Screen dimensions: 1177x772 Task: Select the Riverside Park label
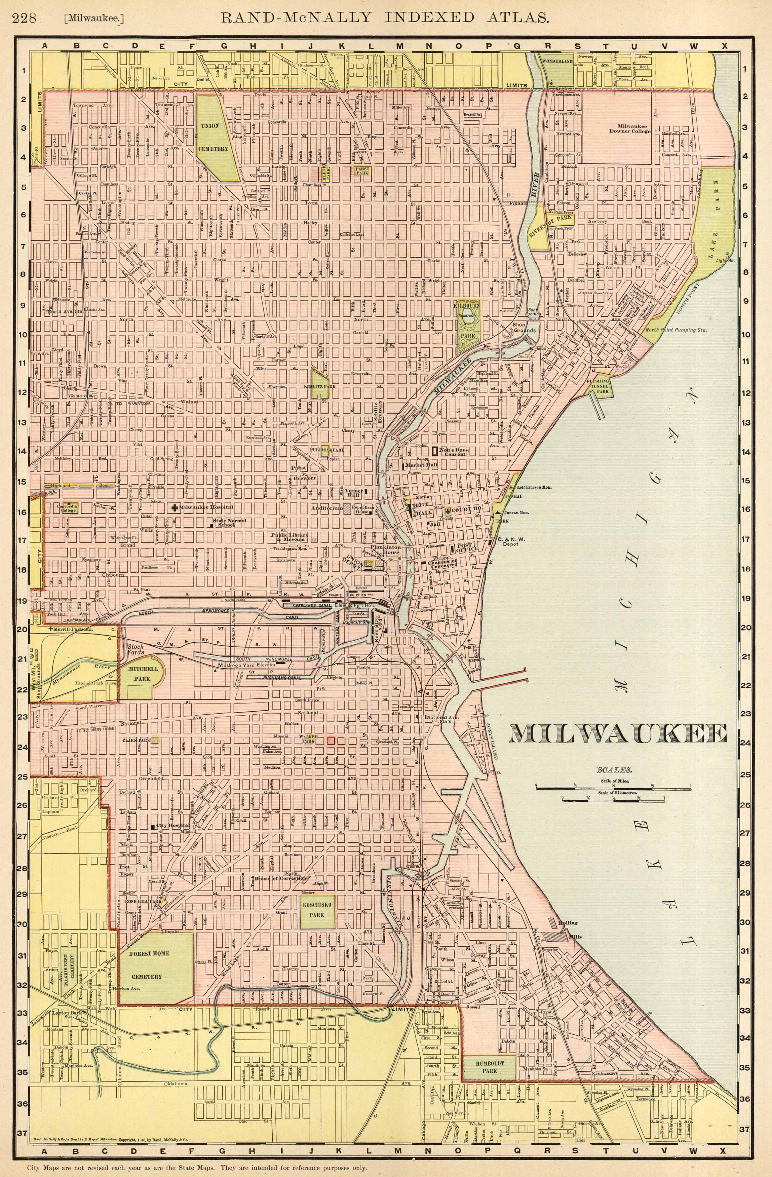coord(553,225)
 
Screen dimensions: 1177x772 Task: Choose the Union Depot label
coord(354,563)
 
